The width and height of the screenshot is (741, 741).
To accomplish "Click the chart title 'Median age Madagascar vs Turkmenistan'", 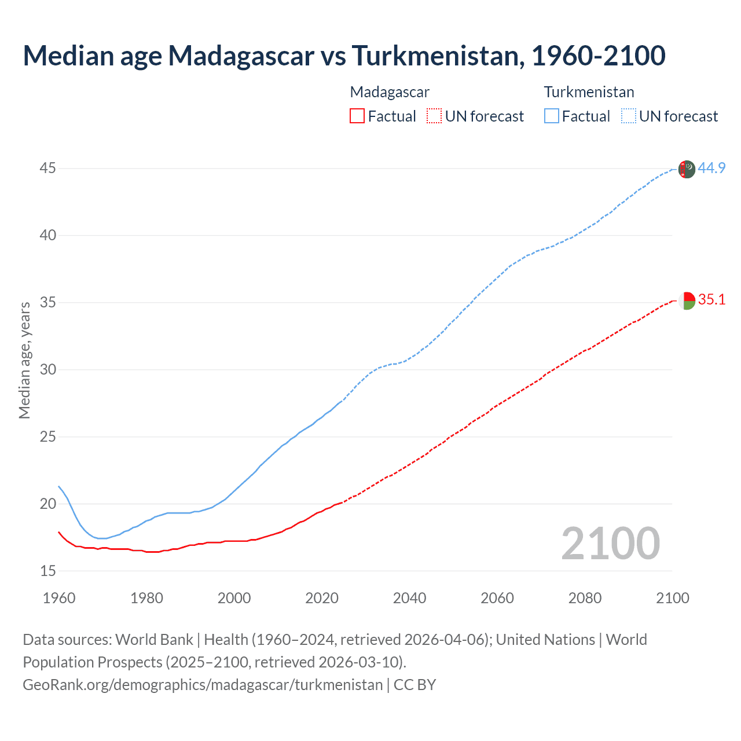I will [344, 56].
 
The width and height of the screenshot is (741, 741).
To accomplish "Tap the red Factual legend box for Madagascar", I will [357, 116].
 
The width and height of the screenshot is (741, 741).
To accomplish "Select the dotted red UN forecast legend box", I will [434, 116].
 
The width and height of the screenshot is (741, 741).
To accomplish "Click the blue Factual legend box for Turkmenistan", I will [552, 116].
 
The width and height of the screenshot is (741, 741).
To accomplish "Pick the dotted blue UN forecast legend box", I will [629, 116].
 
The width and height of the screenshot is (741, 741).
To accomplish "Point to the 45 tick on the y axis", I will [48, 168].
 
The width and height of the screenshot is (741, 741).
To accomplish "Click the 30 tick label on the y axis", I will [48, 369].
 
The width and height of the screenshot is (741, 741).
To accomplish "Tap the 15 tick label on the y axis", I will [48, 571].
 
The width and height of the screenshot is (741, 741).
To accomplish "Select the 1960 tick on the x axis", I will [59, 598].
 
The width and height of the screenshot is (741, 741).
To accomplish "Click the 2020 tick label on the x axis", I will [322, 598].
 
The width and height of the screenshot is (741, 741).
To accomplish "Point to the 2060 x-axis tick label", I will [497, 598].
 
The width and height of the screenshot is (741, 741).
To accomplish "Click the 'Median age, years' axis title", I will [24, 360].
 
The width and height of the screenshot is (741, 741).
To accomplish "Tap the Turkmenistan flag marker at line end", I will [687, 169].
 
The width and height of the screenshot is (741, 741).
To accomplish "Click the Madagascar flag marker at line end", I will [687, 301].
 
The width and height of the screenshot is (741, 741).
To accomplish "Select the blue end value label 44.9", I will [711, 168].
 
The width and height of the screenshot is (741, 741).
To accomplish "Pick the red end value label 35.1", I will [711, 299].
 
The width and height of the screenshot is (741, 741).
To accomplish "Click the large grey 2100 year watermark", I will [611, 543].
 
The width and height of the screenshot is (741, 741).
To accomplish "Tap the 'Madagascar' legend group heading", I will [390, 92].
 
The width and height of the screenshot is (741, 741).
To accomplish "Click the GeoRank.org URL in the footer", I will [203, 685].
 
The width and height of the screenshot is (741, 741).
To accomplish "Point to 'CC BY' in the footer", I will [414, 685].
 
